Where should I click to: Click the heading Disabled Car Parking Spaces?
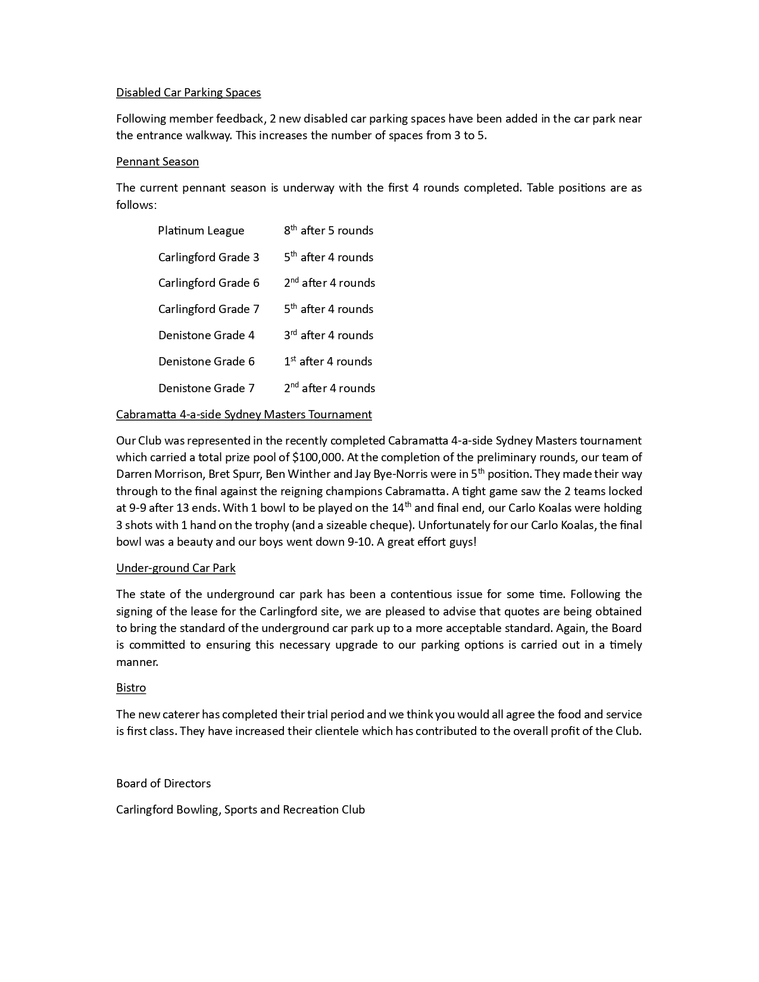[x=188, y=92]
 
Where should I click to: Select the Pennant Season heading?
[x=157, y=161]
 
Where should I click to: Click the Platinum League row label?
[x=201, y=231]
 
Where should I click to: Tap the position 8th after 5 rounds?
[x=329, y=231]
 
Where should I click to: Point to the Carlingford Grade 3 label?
[x=208, y=257]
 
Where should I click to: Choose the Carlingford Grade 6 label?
[x=208, y=283]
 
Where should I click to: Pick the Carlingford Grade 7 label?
[x=208, y=309]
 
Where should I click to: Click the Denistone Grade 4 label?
[x=206, y=336]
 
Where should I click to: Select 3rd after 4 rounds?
[x=329, y=336]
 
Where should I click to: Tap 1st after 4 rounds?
[x=328, y=362]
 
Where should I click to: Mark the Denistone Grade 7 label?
[x=206, y=388]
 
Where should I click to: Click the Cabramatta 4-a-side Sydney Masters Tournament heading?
[x=243, y=414]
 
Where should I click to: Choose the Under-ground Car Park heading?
[x=176, y=568]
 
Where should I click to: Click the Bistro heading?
[x=131, y=687]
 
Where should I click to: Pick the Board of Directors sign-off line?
[x=163, y=783]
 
